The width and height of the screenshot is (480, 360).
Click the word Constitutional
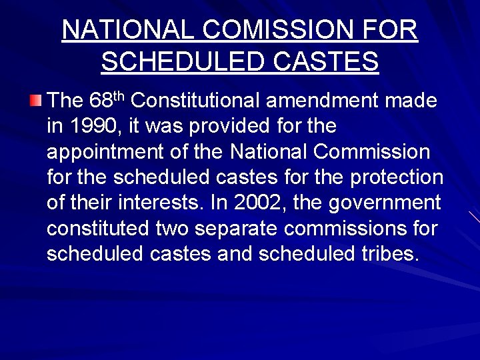coord(199,101)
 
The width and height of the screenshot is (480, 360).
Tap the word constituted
coord(97,229)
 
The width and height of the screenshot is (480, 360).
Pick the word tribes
coord(389,254)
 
